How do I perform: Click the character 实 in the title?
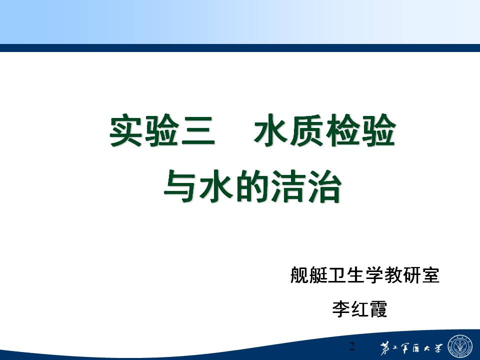pyautogui.click(x=127, y=130)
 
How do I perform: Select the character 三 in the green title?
pyautogui.click(x=198, y=130)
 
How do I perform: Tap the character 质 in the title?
pyautogui.click(x=307, y=130)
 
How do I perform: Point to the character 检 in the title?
pyautogui.click(x=343, y=130)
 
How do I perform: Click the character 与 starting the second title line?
pyautogui.click(x=181, y=186)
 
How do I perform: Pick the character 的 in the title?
pyautogui.click(x=253, y=186)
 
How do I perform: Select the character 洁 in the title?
pyautogui.click(x=288, y=186)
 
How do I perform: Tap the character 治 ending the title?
pyautogui.click(x=324, y=186)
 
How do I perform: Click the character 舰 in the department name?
pyautogui.click(x=299, y=274)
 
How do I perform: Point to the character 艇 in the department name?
pyautogui.click(x=318, y=274)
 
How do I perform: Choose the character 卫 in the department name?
pyautogui.click(x=336, y=274)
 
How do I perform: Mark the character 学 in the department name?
pyautogui.click(x=374, y=274)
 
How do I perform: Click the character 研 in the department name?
pyautogui.click(x=411, y=274)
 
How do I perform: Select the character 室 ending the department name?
pyautogui.click(x=430, y=274)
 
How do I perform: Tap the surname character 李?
pyautogui.click(x=341, y=308)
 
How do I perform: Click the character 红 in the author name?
pyautogui.click(x=359, y=308)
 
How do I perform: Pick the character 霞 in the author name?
pyautogui.click(x=378, y=308)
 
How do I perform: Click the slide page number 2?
pyautogui.click(x=352, y=346)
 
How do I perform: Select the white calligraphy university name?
pyautogui.click(x=411, y=348)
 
